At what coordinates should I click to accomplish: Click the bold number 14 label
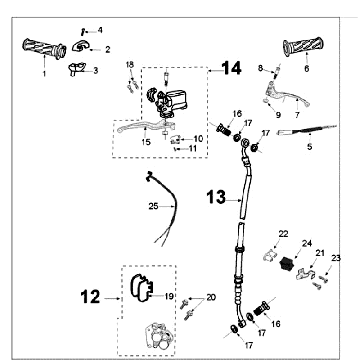pyautogui.click(x=231, y=68)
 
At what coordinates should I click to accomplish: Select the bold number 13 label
pyautogui.click(x=216, y=197)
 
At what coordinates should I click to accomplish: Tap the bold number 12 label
pyautogui.click(x=90, y=296)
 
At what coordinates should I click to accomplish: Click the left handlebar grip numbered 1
pyautogui.click(x=44, y=49)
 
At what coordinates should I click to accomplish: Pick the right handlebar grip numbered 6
pyautogui.click(x=303, y=47)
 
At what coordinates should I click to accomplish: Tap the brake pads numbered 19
pyautogui.click(x=141, y=288)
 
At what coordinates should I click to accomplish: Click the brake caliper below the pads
pyautogui.click(x=157, y=336)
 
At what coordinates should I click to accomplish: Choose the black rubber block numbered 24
pyautogui.click(x=285, y=263)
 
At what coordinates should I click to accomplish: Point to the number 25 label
pyautogui.click(x=153, y=207)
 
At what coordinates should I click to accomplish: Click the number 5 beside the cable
pyautogui.click(x=310, y=146)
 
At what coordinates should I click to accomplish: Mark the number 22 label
pyautogui.click(x=283, y=234)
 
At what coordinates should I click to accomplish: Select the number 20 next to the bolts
pyautogui.click(x=211, y=297)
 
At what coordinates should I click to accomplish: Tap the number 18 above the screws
pyautogui.click(x=130, y=64)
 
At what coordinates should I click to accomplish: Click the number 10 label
pyautogui.click(x=198, y=138)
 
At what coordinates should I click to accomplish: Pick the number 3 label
pyautogui.click(x=96, y=70)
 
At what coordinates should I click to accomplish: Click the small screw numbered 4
pyautogui.click(x=81, y=32)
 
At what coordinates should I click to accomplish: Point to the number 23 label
pyautogui.click(x=336, y=258)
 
